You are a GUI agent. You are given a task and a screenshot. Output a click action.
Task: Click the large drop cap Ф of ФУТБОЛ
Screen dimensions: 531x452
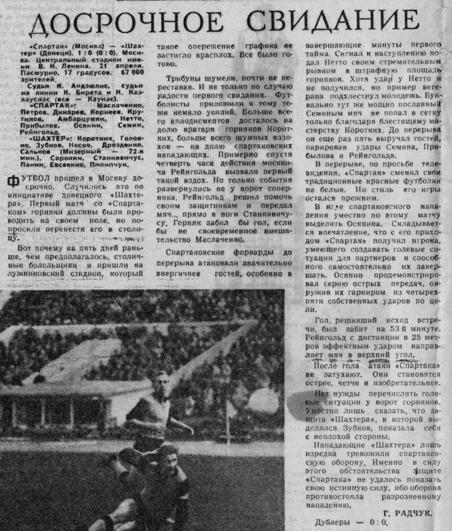coord(13,180)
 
